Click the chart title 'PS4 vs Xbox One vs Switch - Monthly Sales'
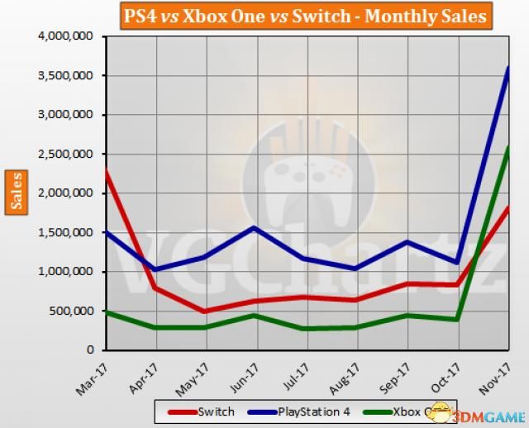(x=303, y=16)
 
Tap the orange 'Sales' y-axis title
(x=17, y=193)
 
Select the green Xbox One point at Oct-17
(x=457, y=319)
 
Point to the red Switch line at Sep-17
(x=407, y=283)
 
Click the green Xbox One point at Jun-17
(x=255, y=315)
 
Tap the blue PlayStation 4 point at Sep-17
(x=407, y=241)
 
